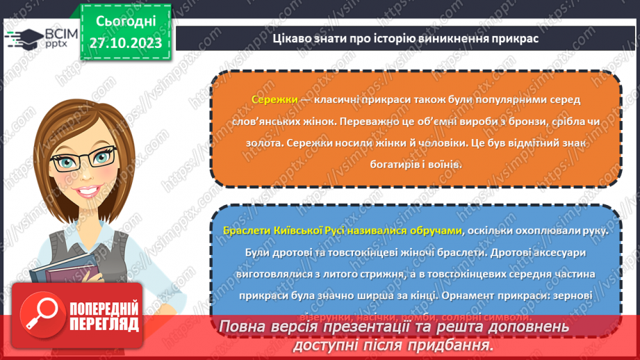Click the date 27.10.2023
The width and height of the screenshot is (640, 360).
click(x=125, y=43)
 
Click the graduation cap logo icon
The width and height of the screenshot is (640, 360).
click(x=22, y=35)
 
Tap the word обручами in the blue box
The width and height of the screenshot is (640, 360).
click(x=432, y=230)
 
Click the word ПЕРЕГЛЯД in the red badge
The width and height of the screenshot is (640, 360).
click(x=104, y=325)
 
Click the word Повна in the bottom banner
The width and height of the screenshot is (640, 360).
click(x=245, y=327)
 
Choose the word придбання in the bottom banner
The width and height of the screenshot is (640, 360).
click(x=452, y=344)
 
